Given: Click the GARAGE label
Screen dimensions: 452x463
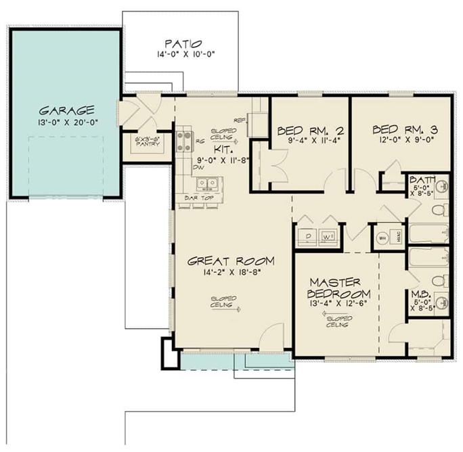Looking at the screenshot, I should [x=65, y=110].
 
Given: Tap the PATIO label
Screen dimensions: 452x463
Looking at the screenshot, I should [x=180, y=41].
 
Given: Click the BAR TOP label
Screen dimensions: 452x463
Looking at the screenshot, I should [x=199, y=198].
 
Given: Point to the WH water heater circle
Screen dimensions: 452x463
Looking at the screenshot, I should [x=381, y=238].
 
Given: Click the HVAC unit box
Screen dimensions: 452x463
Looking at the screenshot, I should [x=399, y=238].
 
